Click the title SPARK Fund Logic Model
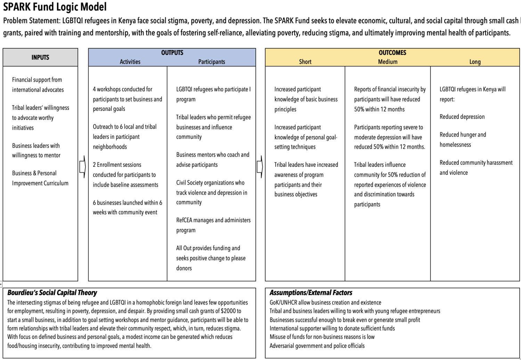(x=55, y=7)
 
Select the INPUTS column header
(x=40, y=57)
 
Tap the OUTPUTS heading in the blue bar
(x=172, y=53)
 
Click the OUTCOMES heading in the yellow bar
(x=392, y=53)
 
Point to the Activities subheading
(x=130, y=62)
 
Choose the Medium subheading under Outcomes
(x=388, y=62)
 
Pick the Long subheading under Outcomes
(x=475, y=62)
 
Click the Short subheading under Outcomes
(x=305, y=62)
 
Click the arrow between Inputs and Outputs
(x=82, y=166)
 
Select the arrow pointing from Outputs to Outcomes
(x=260, y=166)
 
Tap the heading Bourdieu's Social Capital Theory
(x=52, y=293)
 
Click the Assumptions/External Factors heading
(x=311, y=293)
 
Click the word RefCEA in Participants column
(x=184, y=220)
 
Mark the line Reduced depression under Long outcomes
(x=462, y=117)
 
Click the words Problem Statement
(x=32, y=21)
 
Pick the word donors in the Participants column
(x=184, y=268)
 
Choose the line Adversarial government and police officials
(x=317, y=346)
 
